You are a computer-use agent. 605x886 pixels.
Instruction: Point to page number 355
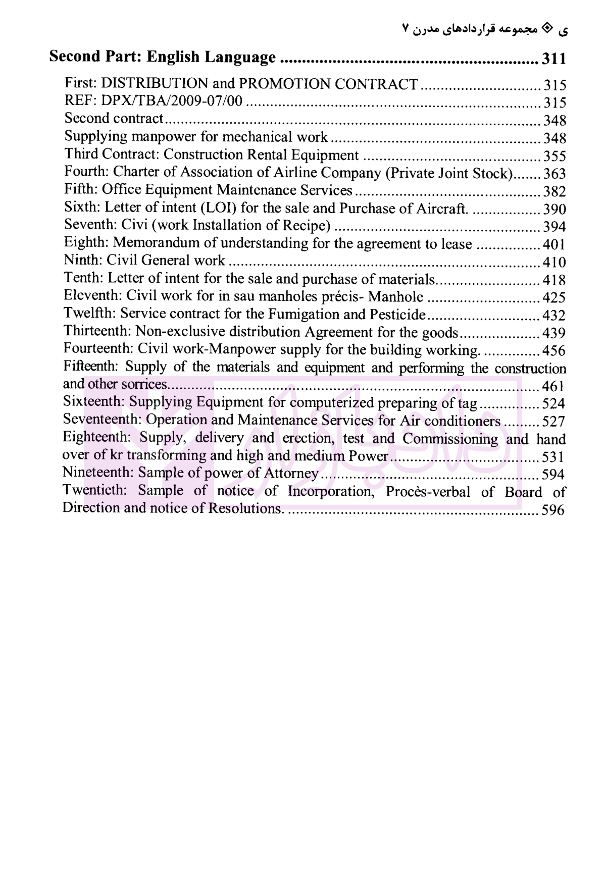[x=554, y=155]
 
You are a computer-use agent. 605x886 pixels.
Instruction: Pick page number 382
[x=554, y=191]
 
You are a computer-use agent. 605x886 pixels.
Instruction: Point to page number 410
[x=554, y=262]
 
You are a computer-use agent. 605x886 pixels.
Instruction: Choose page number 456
[x=554, y=350]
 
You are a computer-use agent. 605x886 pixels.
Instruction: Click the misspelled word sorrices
[x=143, y=385]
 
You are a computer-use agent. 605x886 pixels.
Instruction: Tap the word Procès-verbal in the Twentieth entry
[x=428, y=491]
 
